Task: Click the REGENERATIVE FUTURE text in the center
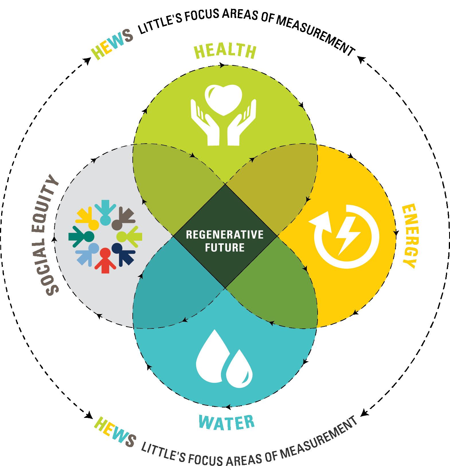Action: (x=225, y=241)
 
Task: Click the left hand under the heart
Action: (x=205, y=122)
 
